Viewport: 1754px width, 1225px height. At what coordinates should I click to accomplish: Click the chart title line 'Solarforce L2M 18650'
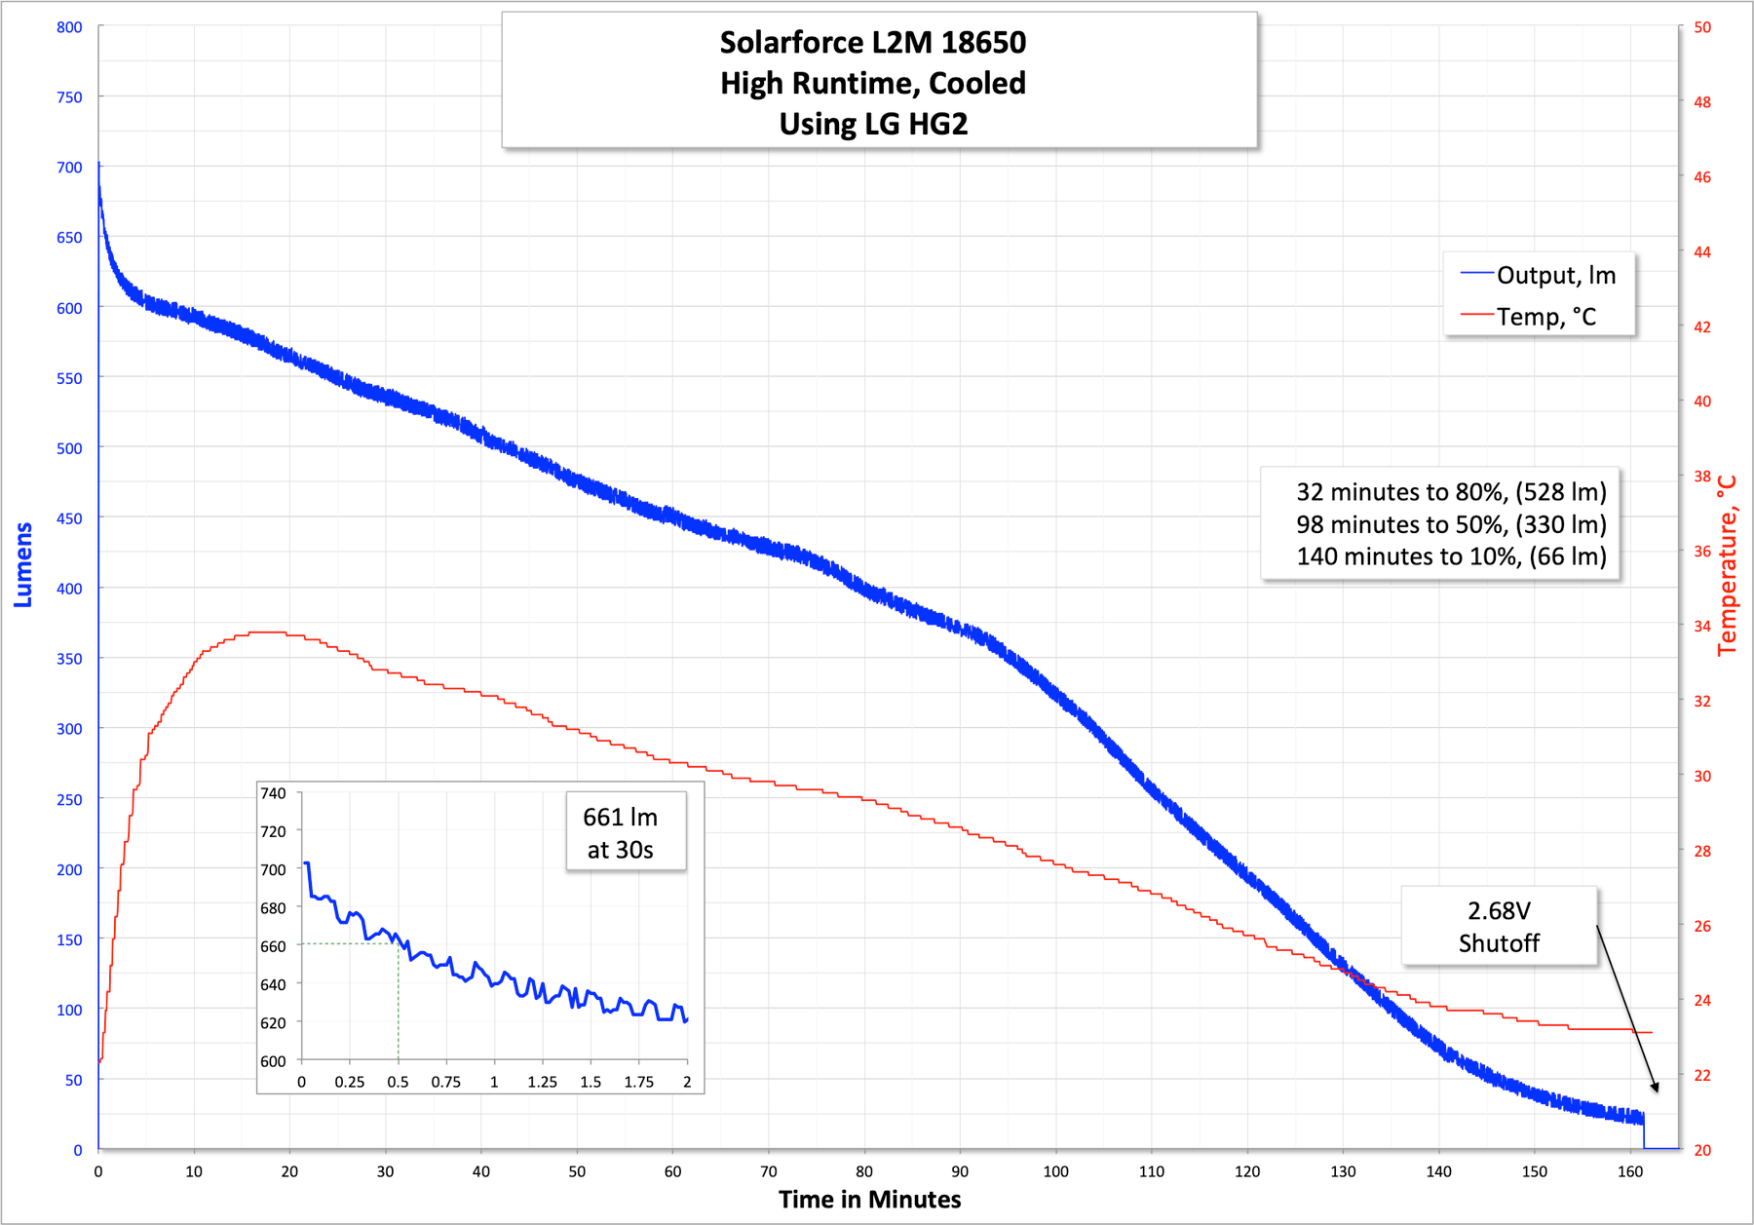point(872,43)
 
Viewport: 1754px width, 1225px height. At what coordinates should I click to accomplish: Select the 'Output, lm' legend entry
point(1555,276)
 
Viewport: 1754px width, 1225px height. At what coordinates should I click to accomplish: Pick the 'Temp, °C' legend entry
point(1545,317)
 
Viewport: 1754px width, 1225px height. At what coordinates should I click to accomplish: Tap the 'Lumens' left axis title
point(23,564)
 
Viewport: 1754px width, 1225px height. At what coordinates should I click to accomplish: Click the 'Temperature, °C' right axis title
point(1727,565)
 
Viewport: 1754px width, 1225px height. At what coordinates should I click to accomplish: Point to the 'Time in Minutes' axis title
point(869,1199)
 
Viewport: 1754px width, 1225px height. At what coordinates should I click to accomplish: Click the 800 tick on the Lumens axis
point(69,27)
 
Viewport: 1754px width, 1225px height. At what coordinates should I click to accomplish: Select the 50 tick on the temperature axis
point(1701,27)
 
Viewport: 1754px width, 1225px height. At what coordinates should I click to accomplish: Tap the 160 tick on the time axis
point(1629,1171)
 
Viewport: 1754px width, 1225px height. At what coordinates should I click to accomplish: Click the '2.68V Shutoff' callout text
point(1499,927)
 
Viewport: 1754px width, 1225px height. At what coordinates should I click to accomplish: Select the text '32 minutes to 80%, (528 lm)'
point(1451,492)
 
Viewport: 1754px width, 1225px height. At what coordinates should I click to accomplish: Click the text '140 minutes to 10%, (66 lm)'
point(1451,556)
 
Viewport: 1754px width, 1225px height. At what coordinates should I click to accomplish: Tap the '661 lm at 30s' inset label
point(621,833)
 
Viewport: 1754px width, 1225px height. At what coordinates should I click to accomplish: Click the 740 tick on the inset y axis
point(273,793)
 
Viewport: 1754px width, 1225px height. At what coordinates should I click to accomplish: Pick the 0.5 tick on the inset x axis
point(398,1082)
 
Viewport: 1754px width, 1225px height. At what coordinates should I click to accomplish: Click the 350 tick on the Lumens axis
point(69,659)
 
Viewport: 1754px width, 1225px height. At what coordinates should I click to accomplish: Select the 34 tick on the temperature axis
point(1701,626)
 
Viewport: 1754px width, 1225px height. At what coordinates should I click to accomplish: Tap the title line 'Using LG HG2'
point(873,125)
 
